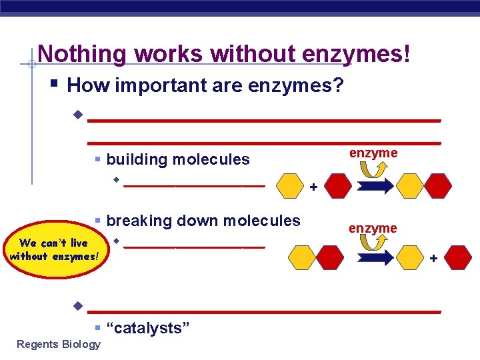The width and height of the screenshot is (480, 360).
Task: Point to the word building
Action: (x=136, y=159)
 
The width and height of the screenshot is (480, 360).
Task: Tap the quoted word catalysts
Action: (x=149, y=328)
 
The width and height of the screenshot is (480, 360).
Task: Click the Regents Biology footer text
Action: (x=59, y=345)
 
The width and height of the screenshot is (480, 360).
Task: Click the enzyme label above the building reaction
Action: (x=373, y=153)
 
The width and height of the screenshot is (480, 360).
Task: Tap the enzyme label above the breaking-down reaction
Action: (x=373, y=229)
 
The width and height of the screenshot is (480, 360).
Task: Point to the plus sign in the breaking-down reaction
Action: (x=434, y=257)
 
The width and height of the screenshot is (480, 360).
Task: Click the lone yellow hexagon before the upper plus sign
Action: (x=289, y=187)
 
